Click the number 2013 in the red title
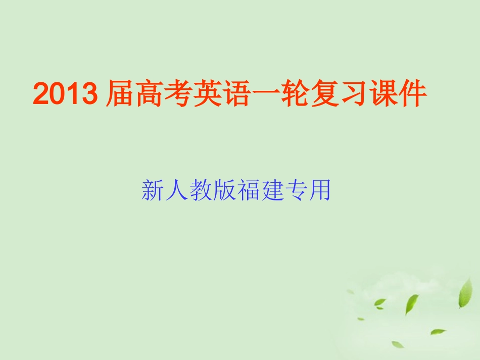[x=65, y=94]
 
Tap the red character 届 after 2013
[x=119, y=94]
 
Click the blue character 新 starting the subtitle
[x=153, y=191]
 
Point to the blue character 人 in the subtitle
[x=176, y=191]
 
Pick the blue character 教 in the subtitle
[x=200, y=191]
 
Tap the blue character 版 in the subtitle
[x=224, y=191]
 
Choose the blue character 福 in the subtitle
[x=248, y=191]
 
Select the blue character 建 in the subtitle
[x=271, y=191]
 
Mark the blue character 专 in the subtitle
[x=295, y=191]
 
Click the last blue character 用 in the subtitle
[x=319, y=191]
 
